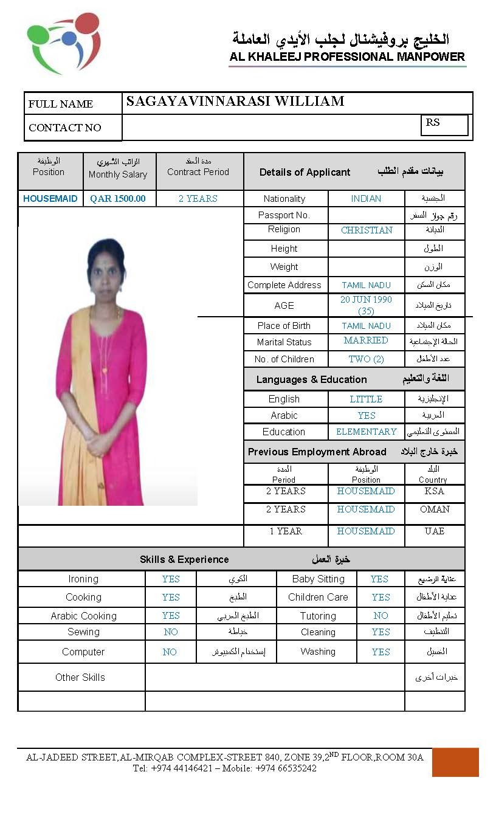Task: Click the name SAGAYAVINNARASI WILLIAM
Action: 235,102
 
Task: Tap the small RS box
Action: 444,125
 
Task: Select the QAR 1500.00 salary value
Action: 118,199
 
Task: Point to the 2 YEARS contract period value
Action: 198,199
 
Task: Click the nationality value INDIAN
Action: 366,199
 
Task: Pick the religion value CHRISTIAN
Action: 367,230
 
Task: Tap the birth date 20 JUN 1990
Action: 366,300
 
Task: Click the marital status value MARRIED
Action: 366,340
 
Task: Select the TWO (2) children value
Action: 366,359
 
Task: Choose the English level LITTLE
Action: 366,399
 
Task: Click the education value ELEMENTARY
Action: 366,432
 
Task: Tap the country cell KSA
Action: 435,491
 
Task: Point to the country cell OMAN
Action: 435,509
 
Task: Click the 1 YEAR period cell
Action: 286,531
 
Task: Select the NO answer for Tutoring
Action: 381,616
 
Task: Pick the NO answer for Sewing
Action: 171,632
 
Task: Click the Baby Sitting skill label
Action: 318,579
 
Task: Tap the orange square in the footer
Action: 455,762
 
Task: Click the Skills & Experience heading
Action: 184,559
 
